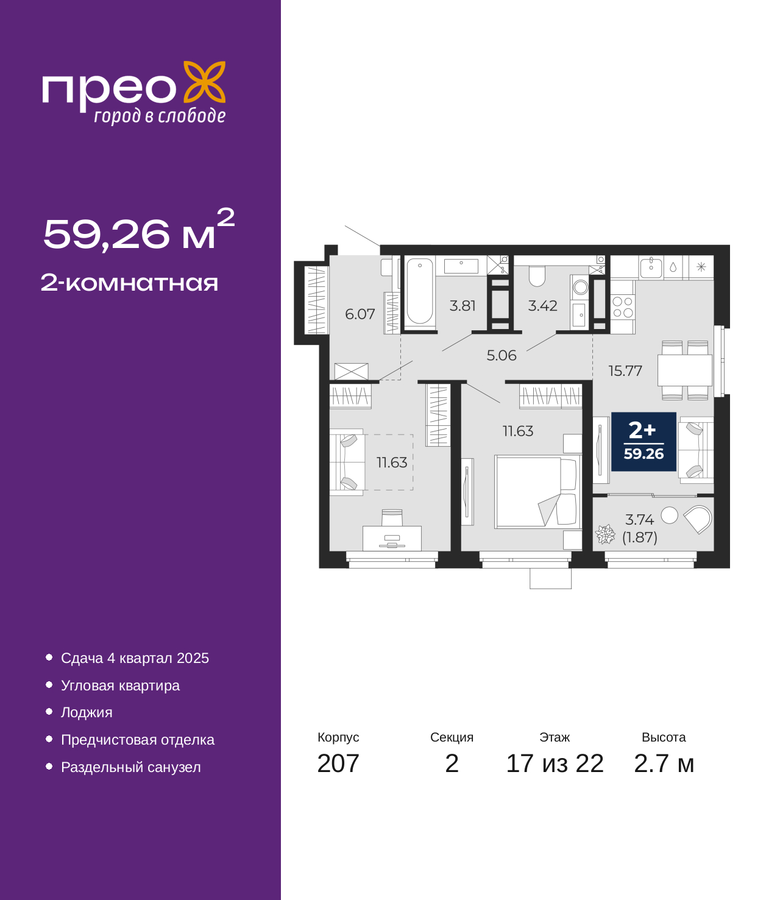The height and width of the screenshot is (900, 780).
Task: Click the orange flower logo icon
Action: coord(204,82)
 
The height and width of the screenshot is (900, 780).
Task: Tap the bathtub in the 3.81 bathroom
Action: coord(420,291)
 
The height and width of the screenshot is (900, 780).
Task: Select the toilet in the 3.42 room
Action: coord(536,276)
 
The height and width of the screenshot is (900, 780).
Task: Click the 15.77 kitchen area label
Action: coord(625,371)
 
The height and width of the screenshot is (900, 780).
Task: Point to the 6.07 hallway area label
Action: coord(360,314)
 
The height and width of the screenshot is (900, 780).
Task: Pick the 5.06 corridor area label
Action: coord(502,355)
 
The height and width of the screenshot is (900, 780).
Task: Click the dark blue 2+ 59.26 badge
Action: coord(643,442)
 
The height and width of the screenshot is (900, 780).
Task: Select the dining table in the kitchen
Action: coord(684,370)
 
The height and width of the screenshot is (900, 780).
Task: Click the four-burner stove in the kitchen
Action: coord(623,307)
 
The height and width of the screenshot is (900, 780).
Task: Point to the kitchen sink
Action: coord(651,267)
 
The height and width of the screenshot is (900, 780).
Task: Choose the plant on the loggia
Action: coord(605,534)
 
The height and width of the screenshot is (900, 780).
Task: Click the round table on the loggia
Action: coord(669,516)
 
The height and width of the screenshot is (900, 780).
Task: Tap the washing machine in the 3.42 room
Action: coord(580,288)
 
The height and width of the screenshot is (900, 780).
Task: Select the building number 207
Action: coord(338,764)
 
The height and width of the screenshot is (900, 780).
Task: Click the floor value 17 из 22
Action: coord(555,764)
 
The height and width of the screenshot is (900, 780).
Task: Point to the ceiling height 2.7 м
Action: coord(663,764)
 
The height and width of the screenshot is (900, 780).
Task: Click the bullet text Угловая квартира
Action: coord(120,686)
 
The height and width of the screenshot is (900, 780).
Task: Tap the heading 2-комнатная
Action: coord(129,283)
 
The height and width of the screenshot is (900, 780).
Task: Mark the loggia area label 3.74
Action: coord(639,519)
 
